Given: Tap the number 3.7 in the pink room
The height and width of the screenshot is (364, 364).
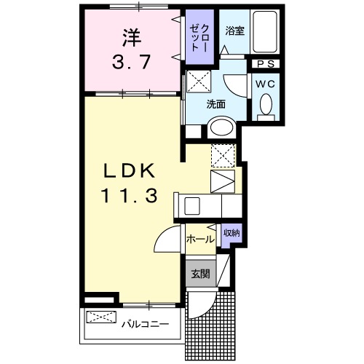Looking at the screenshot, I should point(131,63).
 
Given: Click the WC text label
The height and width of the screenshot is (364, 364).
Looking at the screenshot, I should point(265,83).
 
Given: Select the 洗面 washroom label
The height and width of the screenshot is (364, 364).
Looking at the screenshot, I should point(215,104).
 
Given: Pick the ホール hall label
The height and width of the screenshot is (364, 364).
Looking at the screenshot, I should point(199,239).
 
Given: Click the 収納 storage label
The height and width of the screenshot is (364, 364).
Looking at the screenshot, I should point(232,232).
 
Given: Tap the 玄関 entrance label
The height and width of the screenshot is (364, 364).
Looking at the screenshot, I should point(200,274).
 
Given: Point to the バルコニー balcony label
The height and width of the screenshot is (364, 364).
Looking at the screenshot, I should point(145,323).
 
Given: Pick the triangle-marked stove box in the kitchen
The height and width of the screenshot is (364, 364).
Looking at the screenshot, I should point(223,181).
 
